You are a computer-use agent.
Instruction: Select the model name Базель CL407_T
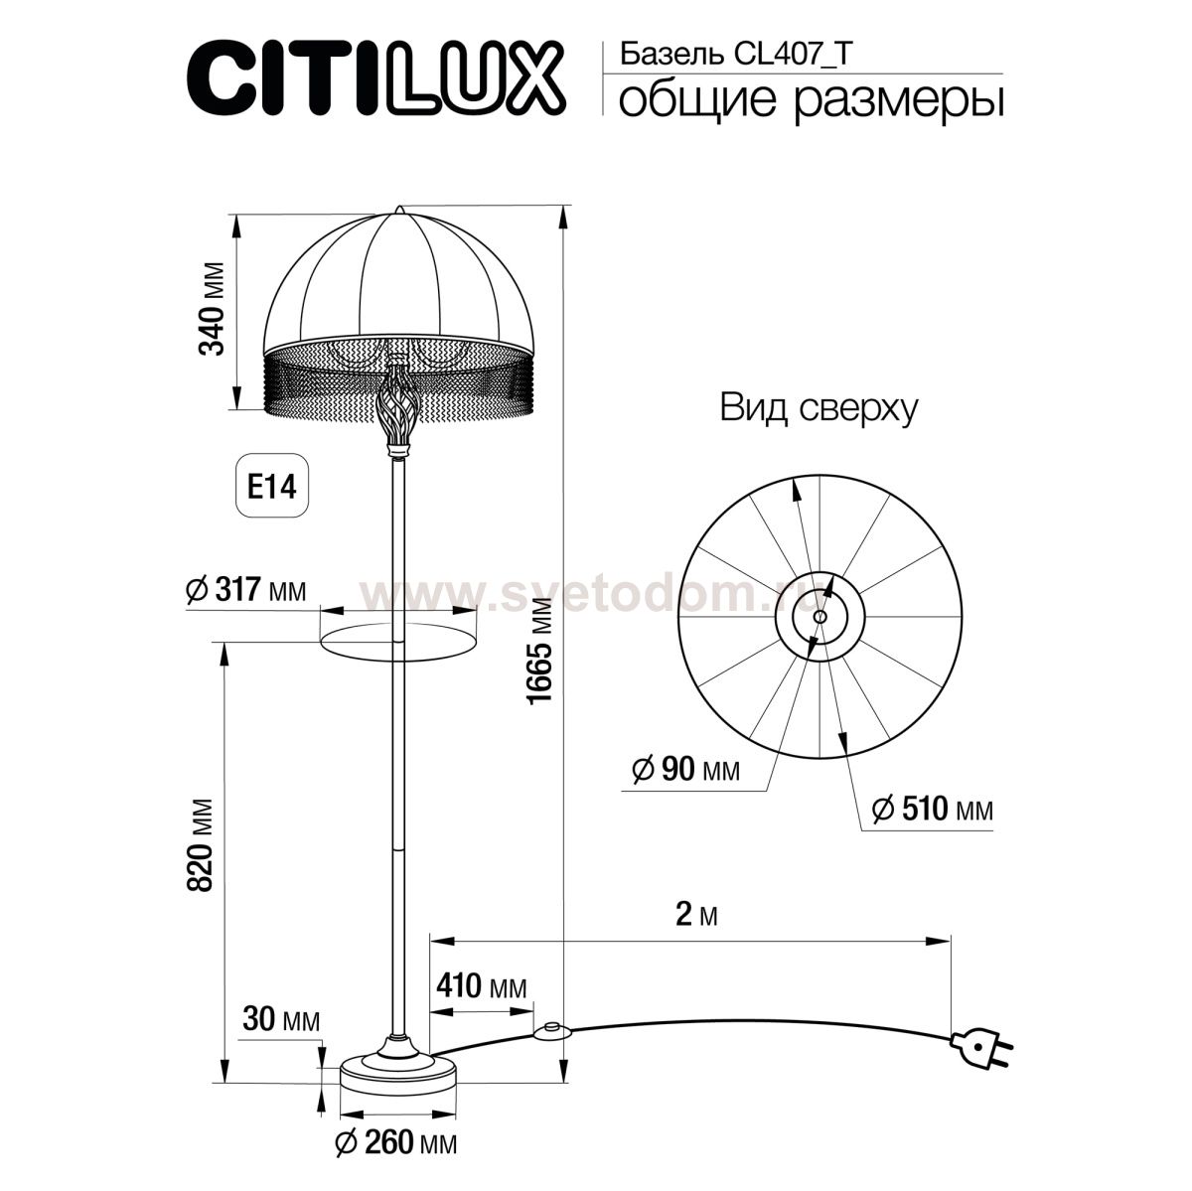click(x=735, y=54)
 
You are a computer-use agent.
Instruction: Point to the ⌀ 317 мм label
click(x=245, y=590)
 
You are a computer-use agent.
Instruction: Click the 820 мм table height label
click(x=202, y=843)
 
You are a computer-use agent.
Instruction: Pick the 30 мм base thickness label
click(x=281, y=1020)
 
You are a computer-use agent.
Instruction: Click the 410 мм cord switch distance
click(x=481, y=986)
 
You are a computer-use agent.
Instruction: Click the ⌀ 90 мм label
click(x=685, y=769)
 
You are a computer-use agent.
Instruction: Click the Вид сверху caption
click(x=819, y=408)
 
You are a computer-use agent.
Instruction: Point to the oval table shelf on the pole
click(x=397, y=641)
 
